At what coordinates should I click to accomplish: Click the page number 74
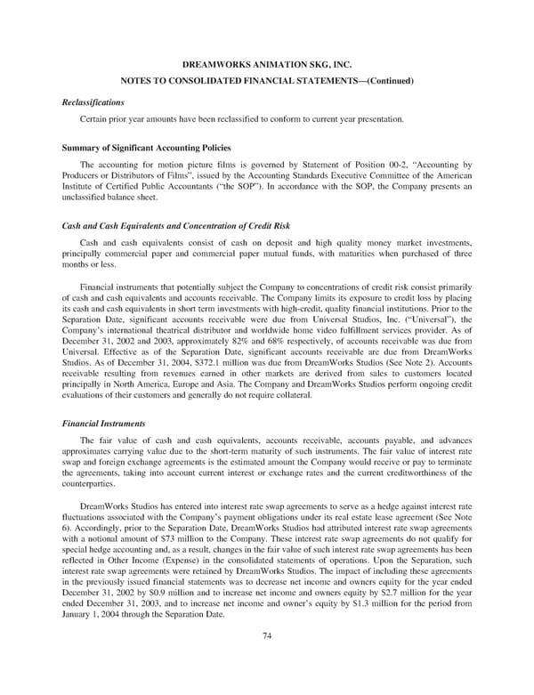pyautogui.click(x=266, y=634)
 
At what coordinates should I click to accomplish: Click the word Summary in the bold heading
pyautogui.click(x=78, y=145)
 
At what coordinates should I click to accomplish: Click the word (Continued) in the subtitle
pyautogui.click(x=383, y=82)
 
